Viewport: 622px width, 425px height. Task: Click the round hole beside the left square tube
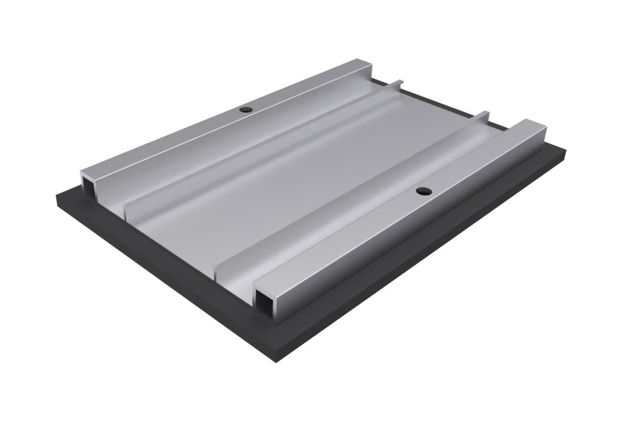(245, 110)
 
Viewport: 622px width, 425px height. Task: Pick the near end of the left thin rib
(127, 210)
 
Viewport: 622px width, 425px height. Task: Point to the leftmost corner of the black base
(56, 196)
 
